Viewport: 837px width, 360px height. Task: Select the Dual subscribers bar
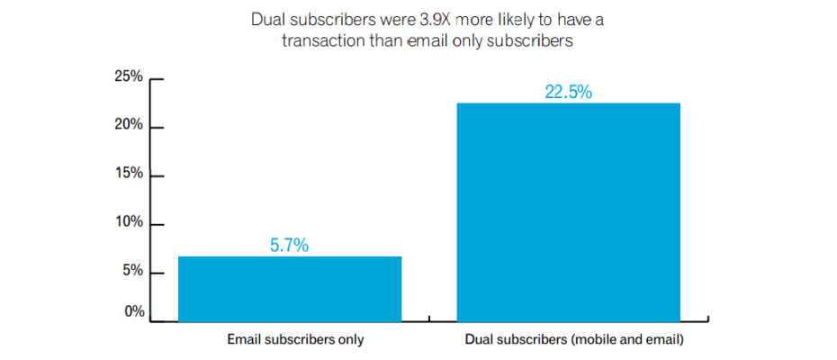(x=568, y=211)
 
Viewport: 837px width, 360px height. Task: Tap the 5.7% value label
(x=290, y=243)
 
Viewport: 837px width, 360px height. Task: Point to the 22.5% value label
(x=568, y=91)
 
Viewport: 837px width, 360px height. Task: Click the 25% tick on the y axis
(x=128, y=77)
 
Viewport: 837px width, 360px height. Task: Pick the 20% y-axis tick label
(x=128, y=125)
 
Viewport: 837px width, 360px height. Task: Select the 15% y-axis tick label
(x=128, y=173)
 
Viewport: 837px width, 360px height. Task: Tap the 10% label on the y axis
(x=128, y=222)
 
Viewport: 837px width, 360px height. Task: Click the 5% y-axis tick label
(x=131, y=271)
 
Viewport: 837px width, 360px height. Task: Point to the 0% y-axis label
(x=131, y=311)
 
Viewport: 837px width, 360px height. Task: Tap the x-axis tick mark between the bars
(x=429, y=318)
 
